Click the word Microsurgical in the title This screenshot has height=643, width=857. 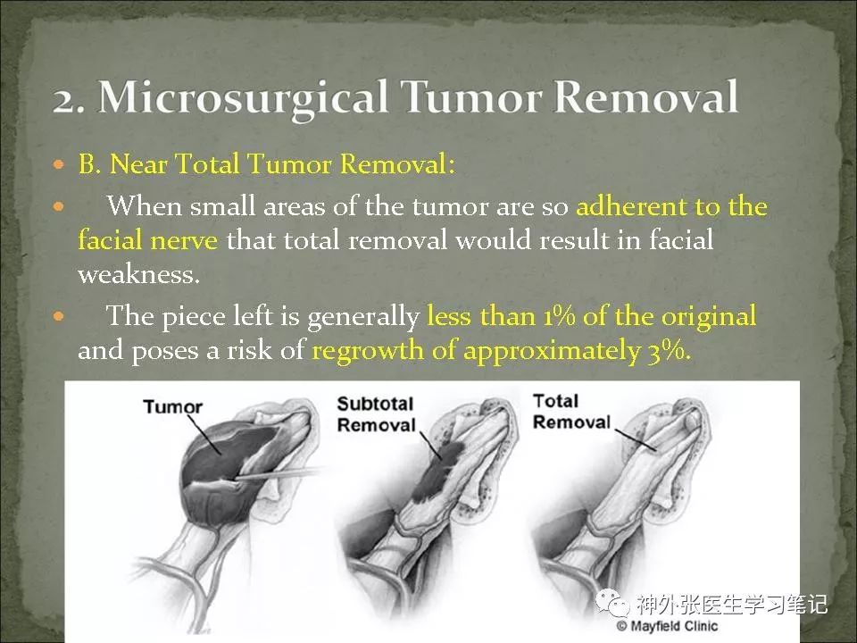coord(243,98)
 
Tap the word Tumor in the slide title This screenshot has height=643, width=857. coord(471,96)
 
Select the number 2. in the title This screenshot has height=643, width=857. coord(69,100)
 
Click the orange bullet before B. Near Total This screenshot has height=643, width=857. coord(59,164)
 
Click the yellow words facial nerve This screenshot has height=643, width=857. coord(147,240)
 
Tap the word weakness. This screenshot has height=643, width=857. coord(139,274)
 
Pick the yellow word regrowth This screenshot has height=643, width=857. coord(367,351)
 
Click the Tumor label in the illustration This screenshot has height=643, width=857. coord(172,407)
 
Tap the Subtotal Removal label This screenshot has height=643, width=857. coord(376,413)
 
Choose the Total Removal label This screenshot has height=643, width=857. coord(571,411)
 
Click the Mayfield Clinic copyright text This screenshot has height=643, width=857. coord(668,626)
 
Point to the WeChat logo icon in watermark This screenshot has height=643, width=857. coord(612,603)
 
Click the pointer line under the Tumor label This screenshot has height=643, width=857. coord(204,435)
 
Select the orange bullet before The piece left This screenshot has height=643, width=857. coord(59,316)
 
